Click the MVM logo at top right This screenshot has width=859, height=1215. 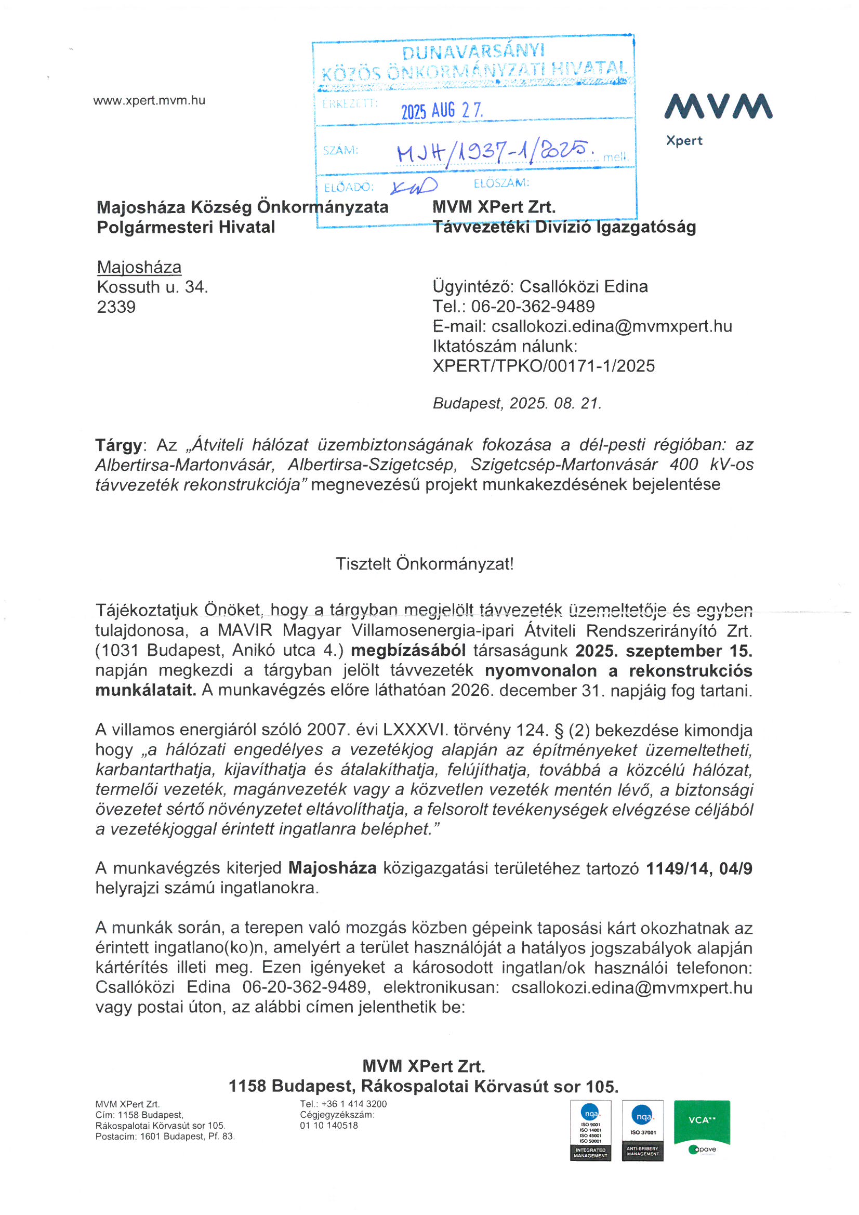(x=718, y=107)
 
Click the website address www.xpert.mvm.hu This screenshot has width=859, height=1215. (x=149, y=100)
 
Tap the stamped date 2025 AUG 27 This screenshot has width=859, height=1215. (x=441, y=111)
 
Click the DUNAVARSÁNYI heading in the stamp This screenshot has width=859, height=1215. (x=473, y=52)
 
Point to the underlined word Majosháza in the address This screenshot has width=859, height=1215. (x=139, y=267)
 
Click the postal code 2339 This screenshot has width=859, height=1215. (x=116, y=307)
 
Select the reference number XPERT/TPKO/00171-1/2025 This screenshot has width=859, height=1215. (x=544, y=366)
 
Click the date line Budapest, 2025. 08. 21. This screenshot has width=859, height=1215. (x=517, y=404)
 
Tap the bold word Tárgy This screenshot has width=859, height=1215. (x=118, y=445)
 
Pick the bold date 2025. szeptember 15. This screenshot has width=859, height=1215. (x=664, y=651)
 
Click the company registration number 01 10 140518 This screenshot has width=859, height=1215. (x=328, y=1126)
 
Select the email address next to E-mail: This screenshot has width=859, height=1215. (x=612, y=326)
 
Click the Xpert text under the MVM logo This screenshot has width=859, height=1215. (x=684, y=141)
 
